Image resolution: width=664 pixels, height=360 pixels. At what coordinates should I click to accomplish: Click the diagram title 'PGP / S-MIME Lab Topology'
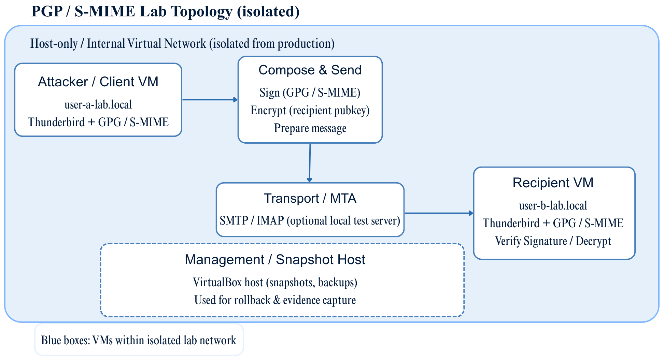point(165,12)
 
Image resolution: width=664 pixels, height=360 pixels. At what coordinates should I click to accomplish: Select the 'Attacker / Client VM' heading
point(98,82)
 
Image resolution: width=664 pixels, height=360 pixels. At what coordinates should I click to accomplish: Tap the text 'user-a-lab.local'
point(98,104)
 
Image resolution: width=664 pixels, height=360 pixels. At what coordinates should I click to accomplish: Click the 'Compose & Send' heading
point(310,70)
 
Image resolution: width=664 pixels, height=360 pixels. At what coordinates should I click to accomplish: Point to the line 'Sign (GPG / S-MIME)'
point(310,92)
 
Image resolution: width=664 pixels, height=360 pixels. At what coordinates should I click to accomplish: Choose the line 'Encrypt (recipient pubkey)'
point(310,110)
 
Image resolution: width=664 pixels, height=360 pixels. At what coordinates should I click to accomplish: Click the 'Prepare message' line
point(310,128)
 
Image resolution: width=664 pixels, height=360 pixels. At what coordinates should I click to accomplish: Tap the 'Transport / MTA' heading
point(310,198)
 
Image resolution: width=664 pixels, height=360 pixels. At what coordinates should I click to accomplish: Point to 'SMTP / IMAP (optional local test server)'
point(310,221)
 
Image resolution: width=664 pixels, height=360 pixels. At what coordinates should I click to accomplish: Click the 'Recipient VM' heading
point(553,183)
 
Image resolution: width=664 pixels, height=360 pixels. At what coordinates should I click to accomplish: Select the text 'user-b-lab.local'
point(553,205)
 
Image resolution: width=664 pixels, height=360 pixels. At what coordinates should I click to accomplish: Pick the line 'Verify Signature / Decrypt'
point(553,241)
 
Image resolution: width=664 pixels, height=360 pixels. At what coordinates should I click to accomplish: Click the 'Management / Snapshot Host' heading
point(275,260)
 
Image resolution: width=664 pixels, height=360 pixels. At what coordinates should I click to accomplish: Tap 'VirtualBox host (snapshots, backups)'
point(275,282)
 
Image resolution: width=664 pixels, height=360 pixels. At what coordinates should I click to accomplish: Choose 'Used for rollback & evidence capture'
point(275,300)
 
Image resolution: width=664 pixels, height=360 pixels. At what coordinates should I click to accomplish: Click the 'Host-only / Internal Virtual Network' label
point(182,44)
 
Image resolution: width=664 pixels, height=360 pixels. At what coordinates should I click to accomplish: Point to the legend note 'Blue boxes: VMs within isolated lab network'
point(139,340)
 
